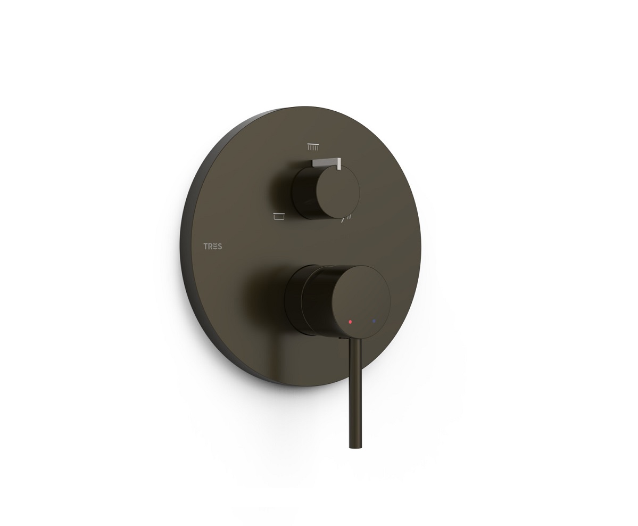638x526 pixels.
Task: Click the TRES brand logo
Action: click(212, 246)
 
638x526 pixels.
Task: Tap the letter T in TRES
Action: click(205, 246)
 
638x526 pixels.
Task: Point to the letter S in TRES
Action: click(220, 246)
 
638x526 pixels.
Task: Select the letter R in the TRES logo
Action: click(210, 246)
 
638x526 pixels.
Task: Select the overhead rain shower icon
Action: click(312, 146)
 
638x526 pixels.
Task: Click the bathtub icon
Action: click(279, 216)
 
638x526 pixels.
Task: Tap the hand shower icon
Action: click(346, 220)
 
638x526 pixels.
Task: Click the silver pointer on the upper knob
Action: click(327, 163)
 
